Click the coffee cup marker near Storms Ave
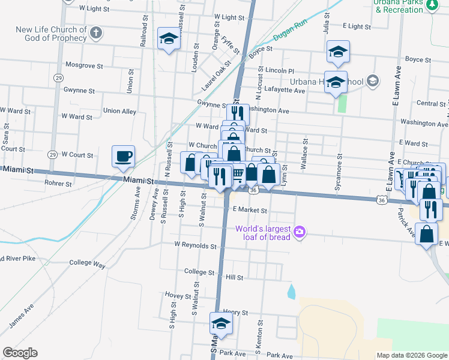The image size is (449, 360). (x=124, y=157)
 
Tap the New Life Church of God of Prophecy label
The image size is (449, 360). (x=52, y=34)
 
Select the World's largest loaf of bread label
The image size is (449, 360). (x=263, y=232)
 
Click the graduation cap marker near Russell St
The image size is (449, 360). (x=169, y=40)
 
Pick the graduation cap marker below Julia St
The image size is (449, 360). (x=338, y=52)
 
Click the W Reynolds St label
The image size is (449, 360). (x=195, y=245)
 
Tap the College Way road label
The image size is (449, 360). (x=87, y=263)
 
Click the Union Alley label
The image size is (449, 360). (x=119, y=111)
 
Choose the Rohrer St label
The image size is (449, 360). (x=58, y=184)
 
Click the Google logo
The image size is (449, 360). (x=20, y=353)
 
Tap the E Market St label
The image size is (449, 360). (x=249, y=210)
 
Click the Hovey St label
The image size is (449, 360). (x=178, y=295)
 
